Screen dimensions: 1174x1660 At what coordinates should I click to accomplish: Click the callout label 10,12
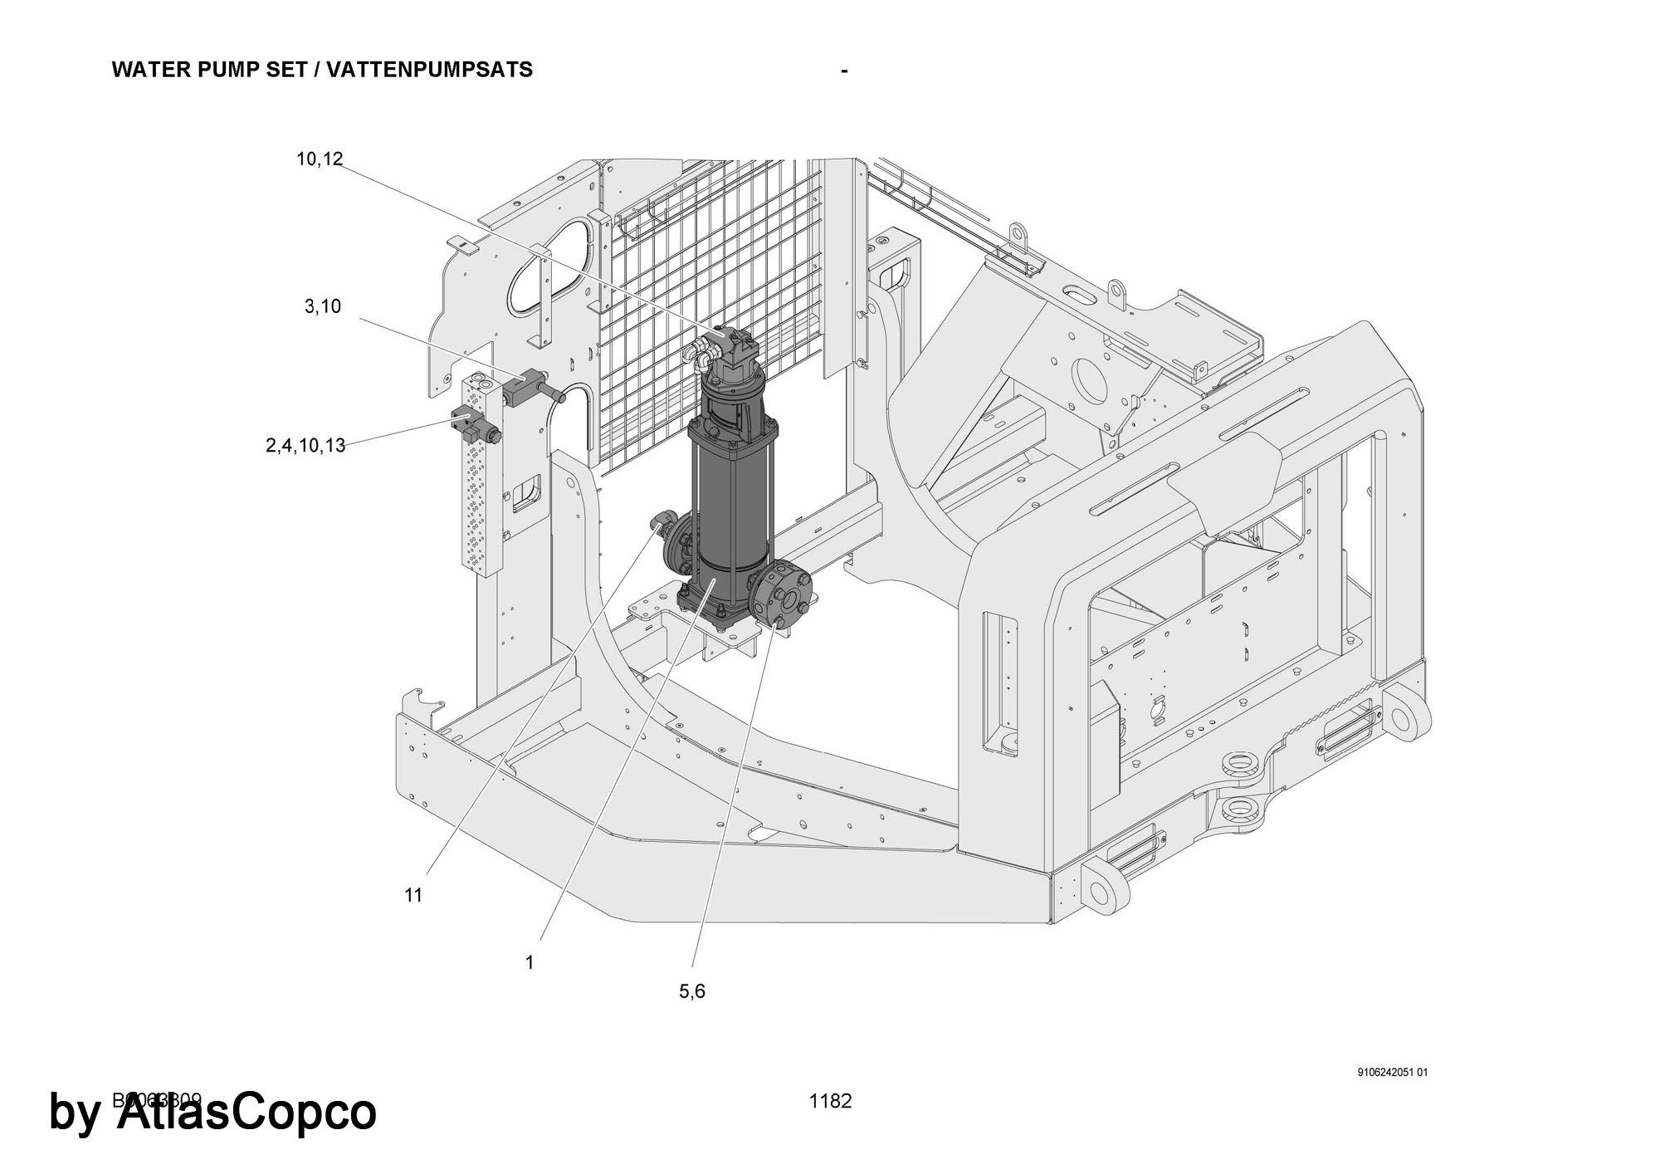[x=320, y=159]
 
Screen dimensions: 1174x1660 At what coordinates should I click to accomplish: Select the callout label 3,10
[x=323, y=307]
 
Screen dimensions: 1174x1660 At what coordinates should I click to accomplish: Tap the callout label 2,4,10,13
[x=305, y=446]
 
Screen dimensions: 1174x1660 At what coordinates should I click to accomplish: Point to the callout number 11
[x=413, y=895]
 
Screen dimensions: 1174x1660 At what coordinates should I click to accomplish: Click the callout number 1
[x=530, y=962]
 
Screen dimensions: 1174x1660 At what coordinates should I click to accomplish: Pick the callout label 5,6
[x=692, y=991]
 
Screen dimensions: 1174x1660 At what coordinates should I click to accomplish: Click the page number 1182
[x=830, y=1102]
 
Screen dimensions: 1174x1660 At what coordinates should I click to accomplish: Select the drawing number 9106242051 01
[x=1393, y=1073]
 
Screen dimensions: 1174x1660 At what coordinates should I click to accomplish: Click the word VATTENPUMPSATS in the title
[x=429, y=70]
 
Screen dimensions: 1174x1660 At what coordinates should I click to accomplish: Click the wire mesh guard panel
[x=714, y=274]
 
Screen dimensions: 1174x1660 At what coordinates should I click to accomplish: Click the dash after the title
[x=844, y=71]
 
